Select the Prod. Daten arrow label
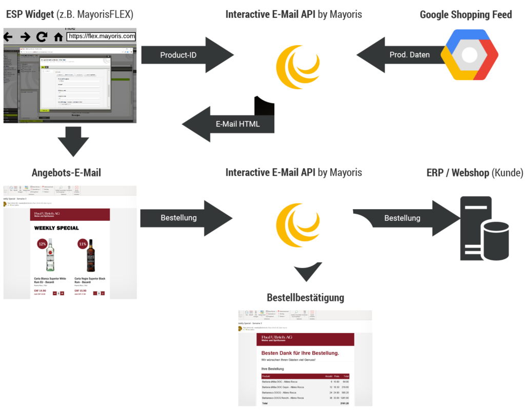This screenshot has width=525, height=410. coord(410,55)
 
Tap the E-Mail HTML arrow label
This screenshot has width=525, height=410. coord(237,124)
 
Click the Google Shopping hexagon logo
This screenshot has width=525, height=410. coord(470,55)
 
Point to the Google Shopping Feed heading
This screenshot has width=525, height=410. coord(466,14)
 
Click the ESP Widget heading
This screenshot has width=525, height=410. coord(69,14)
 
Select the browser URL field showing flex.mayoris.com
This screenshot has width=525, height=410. coord(102,36)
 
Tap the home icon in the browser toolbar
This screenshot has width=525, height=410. coord(58,37)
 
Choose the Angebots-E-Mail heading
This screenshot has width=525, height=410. coord(66,173)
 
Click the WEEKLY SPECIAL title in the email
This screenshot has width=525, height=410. coord(56,228)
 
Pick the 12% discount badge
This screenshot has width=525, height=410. coord(43,244)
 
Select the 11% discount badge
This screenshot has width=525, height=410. coord(83,244)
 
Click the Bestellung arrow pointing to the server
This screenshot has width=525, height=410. coord(402,218)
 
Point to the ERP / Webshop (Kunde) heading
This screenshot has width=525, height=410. coord(475,173)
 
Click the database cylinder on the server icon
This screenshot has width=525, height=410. coord(495,240)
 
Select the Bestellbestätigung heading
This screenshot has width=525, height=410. coord(305,298)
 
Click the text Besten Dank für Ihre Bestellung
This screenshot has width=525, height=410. coord(300,353)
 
